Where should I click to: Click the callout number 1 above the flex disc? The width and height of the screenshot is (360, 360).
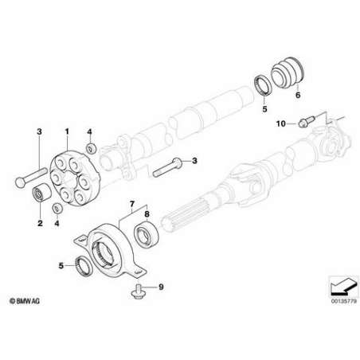[x=67, y=131]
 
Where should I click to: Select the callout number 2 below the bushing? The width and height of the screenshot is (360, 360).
[x=40, y=223]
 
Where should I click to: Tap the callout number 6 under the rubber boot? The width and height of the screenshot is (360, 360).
[x=298, y=95]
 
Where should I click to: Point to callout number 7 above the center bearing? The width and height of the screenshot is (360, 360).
[x=132, y=204]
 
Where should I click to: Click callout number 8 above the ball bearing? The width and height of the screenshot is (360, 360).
[x=147, y=213]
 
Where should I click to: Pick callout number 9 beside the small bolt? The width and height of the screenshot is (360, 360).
[x=161, y=287]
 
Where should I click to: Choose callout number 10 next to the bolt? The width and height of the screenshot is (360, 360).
[x=281, y=123]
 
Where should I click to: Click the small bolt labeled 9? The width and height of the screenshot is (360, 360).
[x=137, y=292]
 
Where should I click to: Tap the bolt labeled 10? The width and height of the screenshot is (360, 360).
[x=307, y=121]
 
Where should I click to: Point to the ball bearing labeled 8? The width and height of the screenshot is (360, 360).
[x=147, y=234]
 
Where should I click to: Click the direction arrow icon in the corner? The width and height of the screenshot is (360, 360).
[x=343, y=287]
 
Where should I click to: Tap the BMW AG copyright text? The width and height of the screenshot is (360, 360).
[x=25, y=301]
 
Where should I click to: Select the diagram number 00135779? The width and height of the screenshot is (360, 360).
[x=344, y=302]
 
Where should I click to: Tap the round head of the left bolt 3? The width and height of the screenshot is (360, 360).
[x=21, y=182]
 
